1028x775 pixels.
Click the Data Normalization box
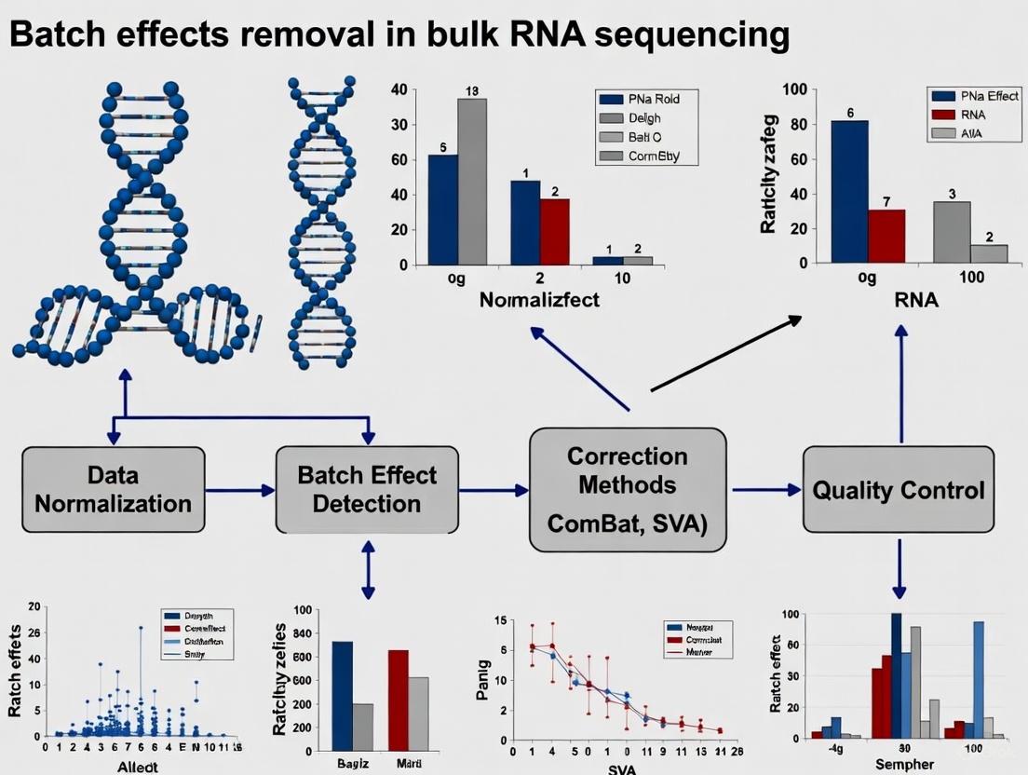(x=113, y=489)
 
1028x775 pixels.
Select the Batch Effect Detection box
(x=367, y=489)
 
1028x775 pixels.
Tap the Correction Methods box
(x=628, y=489)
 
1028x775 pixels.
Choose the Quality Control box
(x=899, y=490)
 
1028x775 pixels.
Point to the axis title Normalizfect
(x=540, y=301)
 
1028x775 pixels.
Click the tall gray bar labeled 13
(x=471, y=181)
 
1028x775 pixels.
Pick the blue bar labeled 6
(x=849, y=191)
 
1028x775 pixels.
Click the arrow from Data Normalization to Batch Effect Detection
(x=239, y=489)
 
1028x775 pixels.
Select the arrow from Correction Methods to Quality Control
(x=766, y=489)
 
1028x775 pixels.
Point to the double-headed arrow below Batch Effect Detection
(x=367, y=571)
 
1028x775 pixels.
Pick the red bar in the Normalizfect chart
(x=554, y=232)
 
